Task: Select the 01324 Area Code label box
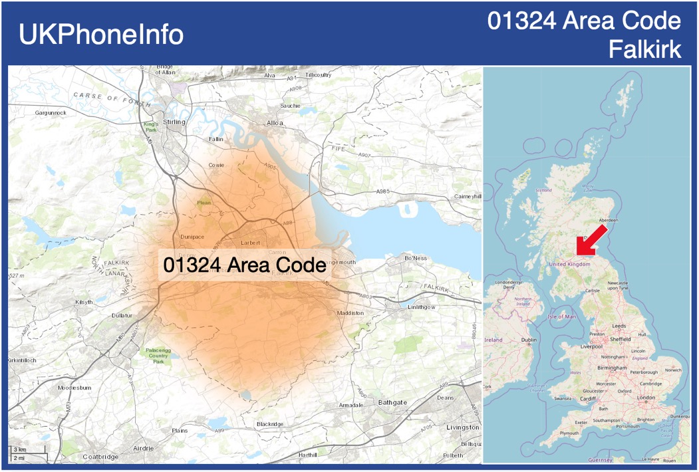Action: pos(245,265)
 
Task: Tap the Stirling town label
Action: pos(174,122)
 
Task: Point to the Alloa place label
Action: pos(274,123)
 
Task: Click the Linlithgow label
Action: pos(421,307)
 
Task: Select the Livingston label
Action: pos(463,427)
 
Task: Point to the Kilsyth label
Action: pos(84,302)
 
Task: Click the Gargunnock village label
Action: pos(51,113)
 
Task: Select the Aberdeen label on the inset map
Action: pos(609,220)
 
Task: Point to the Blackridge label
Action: pos(270,424)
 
